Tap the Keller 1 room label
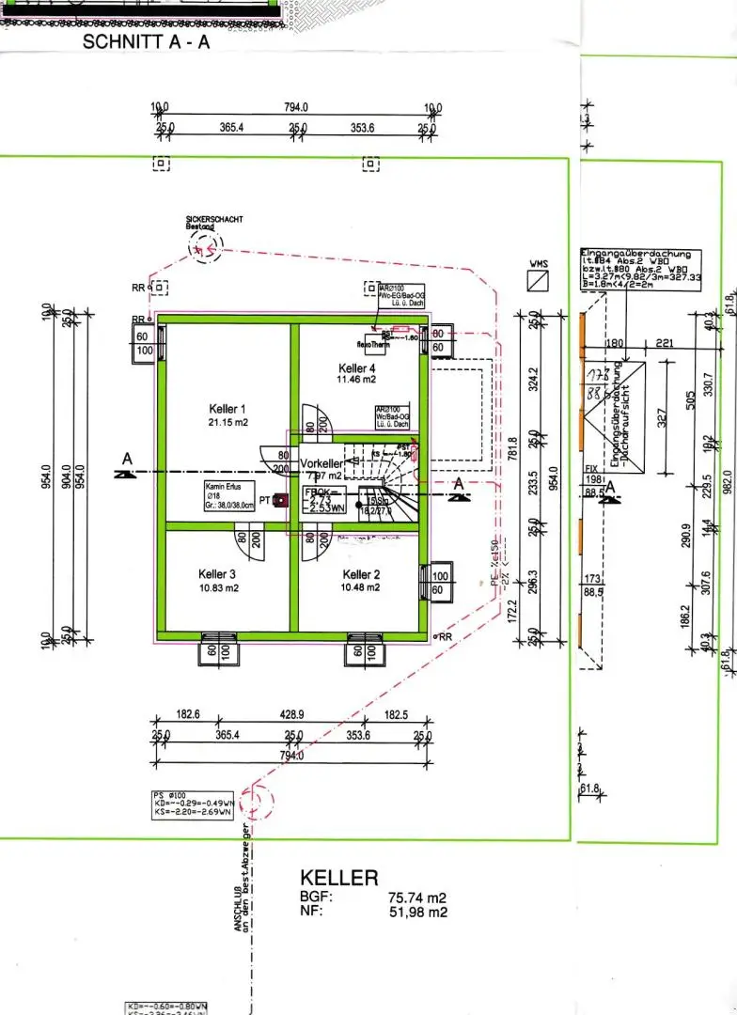click(227, 409)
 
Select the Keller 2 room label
click(361, 574)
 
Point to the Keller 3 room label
click(216, 574)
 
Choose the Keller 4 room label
click(357, 368)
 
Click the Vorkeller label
click(321, 464)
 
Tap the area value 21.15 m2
click(227, 423)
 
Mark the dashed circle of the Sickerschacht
click(204, 247)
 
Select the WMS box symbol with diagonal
click(539, 282)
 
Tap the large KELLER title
click(338, 878)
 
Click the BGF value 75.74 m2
click(418, 898)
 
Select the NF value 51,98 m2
click(418, 912)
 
